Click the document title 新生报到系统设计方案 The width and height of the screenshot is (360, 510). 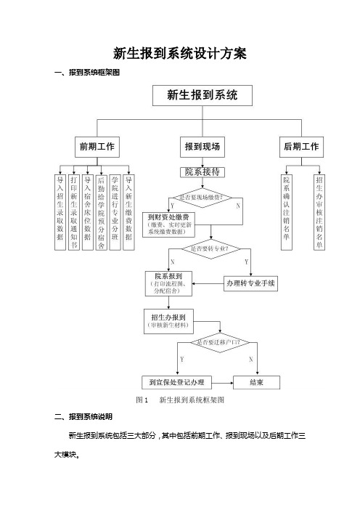point(180,53)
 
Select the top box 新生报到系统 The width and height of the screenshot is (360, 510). point(202,95)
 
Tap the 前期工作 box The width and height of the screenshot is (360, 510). point(97,147)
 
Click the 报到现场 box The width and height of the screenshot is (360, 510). point(202,147)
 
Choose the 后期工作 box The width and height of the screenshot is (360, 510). point(301,147)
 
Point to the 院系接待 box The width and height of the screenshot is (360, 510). point(202,172)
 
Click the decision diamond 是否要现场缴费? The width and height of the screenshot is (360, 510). point(202,198)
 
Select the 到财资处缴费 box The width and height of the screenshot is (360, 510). point(168,224)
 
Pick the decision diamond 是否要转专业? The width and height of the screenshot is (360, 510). point(210,249)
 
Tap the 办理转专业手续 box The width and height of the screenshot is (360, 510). point(250,283)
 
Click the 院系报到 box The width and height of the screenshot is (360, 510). point(168,283)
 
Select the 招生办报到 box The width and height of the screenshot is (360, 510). point(168,321)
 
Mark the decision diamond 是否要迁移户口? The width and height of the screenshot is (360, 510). point(220,342)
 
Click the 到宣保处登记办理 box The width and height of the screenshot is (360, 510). point(177,382)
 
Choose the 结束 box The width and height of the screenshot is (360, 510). point(257,382)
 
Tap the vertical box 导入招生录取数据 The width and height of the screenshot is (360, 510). point(60,212)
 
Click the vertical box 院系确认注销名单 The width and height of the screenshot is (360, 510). point(286,212)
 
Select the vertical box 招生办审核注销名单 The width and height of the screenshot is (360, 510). point(319,212)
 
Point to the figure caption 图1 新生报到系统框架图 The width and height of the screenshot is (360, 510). point(180,400)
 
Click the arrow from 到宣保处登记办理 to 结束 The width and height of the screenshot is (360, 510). point(223,383)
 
